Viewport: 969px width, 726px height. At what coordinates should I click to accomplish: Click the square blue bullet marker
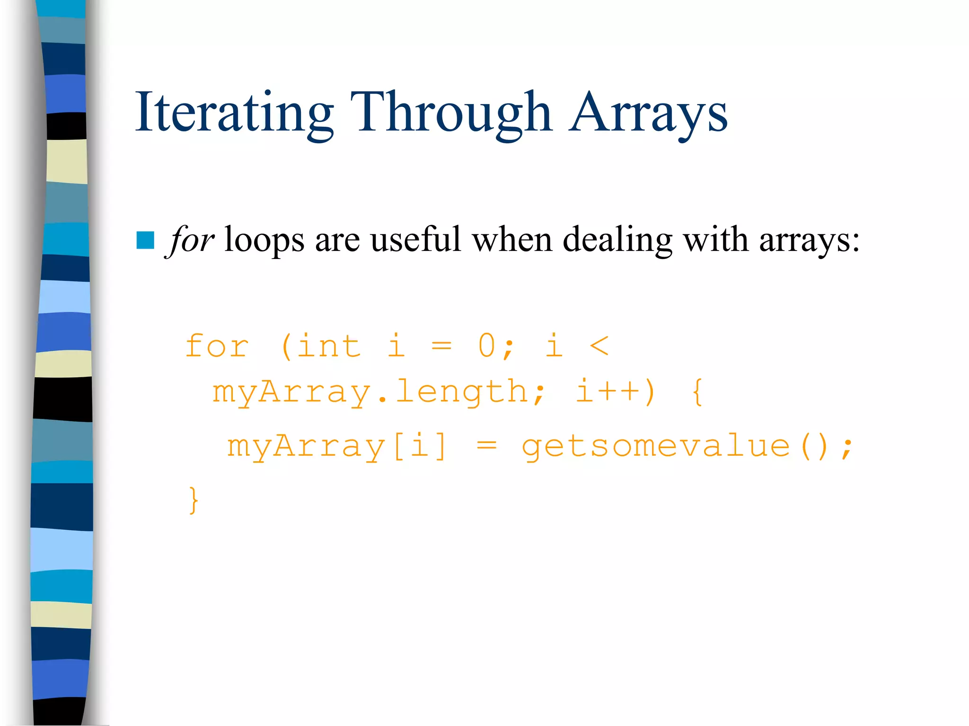145,240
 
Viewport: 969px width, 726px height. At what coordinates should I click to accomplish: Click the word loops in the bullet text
264,240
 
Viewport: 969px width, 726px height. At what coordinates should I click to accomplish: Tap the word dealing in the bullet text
617,240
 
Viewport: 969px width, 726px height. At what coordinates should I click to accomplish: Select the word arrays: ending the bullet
809,240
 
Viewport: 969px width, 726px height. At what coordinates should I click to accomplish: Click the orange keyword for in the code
217,346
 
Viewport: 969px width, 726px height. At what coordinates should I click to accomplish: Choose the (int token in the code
321,346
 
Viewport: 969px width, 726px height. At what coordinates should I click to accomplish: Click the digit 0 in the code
487,346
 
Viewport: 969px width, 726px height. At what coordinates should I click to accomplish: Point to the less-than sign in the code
599,346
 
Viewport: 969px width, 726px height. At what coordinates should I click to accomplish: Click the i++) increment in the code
615,391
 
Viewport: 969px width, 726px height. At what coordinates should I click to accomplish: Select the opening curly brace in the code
697,391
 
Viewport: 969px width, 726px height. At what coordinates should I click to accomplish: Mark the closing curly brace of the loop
193,500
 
